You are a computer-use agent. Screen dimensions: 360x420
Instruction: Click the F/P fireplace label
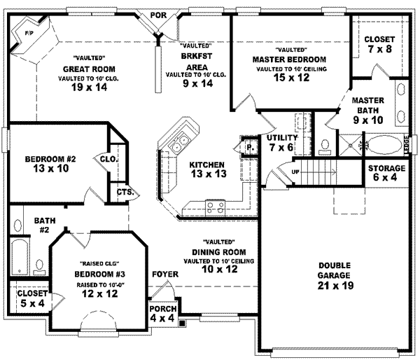29,34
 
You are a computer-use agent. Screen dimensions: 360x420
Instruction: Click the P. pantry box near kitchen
249,148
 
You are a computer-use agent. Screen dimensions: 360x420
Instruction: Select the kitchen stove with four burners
213,206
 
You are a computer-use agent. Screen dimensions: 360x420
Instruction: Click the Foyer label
165,274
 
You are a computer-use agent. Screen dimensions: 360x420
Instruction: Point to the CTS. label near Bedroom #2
125,192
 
